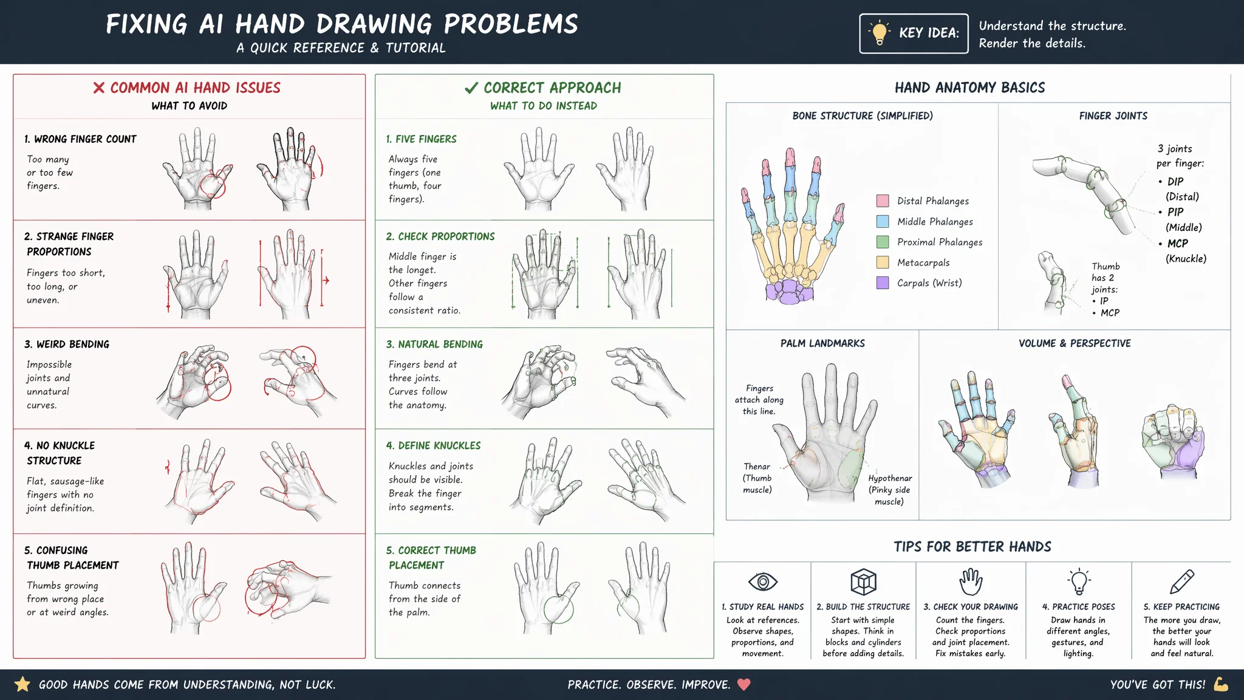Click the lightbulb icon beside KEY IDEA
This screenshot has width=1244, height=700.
pos(880,33)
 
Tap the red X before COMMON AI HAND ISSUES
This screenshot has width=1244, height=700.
pos(99,88)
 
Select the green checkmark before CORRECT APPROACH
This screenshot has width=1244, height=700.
pos(471,88)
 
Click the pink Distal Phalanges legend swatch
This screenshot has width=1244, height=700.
pos(883,201)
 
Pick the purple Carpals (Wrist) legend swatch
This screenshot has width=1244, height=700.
pos(883,283)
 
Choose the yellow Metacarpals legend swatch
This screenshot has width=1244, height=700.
pos(883,262)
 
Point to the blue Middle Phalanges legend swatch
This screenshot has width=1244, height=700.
pos(883,222)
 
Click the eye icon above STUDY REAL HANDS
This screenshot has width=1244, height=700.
pos(763,582)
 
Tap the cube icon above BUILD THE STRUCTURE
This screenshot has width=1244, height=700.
pos(863,582)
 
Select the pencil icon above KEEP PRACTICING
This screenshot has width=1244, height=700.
pos(1182,582)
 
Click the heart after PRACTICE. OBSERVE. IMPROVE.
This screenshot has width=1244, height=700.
pos(744,685)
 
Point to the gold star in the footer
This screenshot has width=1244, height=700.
pos(22,684)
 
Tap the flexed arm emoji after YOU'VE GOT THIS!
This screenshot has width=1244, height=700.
pos(1221,684)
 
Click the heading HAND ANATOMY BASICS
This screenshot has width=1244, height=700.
pos(970,87)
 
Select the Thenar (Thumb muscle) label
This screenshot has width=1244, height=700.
pos(757,478)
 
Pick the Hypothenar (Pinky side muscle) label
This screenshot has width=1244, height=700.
pos(890,490)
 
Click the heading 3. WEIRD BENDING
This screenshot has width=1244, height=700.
pos(67,344)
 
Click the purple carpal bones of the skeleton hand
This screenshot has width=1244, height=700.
pos(789,291)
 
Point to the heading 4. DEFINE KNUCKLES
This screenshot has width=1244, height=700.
pos(433,445)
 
